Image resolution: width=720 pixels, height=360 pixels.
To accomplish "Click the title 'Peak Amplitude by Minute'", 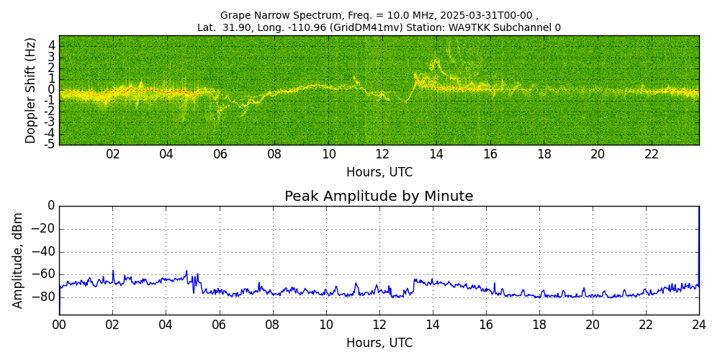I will coord(379,197).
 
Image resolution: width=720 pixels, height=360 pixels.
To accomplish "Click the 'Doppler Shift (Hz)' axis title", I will coord(31,90).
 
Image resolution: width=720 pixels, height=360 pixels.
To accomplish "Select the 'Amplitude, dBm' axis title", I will coord(18,260).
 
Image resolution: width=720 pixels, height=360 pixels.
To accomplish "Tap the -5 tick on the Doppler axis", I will coord(50,145).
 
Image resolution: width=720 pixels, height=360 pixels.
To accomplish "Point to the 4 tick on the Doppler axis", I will coord(52,45).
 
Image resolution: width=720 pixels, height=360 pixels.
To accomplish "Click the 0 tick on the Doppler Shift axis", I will coord(52,90).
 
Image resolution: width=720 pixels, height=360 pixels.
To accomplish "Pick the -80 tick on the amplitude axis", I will coord(43,297).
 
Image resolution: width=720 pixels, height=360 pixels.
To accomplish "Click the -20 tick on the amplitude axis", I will coord(43,229).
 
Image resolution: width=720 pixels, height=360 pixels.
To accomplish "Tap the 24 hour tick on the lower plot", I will coord(698,325).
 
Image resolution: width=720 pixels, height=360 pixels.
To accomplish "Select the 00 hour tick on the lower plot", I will coord(59,325).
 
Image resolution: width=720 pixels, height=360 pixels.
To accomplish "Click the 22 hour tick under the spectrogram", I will coord(652,155).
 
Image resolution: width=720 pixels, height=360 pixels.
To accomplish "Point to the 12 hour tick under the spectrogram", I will coord(382,155).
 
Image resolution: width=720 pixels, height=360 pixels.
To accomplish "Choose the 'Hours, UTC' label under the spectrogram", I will coord(379,173).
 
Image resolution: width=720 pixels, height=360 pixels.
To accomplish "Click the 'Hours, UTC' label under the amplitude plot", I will coord(379,343).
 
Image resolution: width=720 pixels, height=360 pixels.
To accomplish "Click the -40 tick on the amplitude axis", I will coord(43,252).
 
